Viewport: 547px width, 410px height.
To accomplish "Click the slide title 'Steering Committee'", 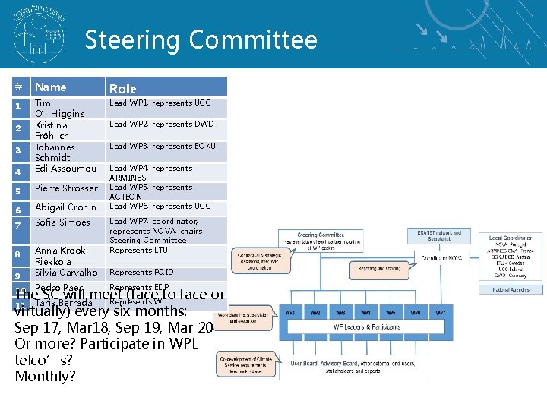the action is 201,39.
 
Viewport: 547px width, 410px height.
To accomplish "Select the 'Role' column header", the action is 123,88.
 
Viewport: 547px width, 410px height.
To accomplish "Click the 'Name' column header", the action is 51,87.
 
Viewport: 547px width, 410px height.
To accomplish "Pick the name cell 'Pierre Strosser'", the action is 66,188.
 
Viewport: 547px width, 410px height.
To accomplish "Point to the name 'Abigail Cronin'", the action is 65,207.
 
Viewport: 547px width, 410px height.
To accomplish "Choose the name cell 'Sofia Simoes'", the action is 62,222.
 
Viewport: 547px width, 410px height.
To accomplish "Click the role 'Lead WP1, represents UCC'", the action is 160,102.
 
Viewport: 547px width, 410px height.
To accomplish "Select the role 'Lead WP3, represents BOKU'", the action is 162,146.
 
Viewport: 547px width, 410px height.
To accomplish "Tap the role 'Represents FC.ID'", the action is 141,272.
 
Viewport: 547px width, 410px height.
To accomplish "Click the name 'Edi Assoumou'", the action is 65,168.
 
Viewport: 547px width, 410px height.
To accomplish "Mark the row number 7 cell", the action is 17,225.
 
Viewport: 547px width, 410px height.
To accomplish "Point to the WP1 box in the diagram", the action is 291,312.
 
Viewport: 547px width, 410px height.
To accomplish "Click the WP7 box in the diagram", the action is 439,312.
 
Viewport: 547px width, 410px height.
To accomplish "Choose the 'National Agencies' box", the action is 512,289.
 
